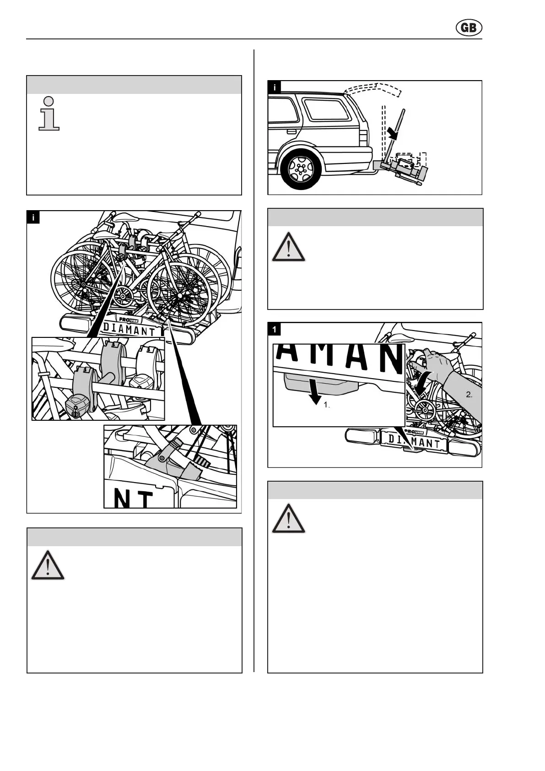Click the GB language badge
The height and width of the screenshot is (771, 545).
(x=469, y=28)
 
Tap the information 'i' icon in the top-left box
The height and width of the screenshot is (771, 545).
(x=49, y=114)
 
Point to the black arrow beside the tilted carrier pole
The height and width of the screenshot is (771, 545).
(x=393, y=132)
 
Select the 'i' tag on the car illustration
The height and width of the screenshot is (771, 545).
(x=274, y=87)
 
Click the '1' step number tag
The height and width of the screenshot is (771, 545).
(x=274, y=329)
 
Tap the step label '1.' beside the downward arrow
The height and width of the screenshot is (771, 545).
(x=327, y=405)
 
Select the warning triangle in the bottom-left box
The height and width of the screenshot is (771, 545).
(x=48, y=565)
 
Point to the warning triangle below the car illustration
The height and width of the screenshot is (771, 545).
(x=288, y=247)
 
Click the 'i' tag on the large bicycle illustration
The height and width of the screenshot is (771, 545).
(x=33, y=217)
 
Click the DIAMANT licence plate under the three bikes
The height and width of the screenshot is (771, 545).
(x=130, y=328)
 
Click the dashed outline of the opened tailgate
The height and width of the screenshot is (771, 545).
(x=373, y=89)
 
